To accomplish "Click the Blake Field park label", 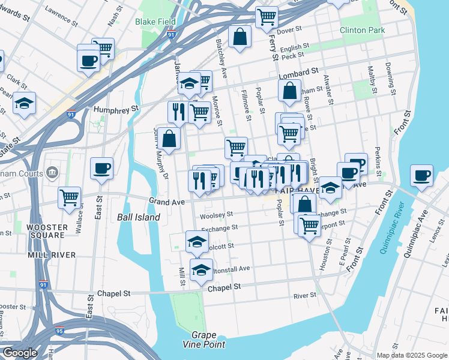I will (155, 22).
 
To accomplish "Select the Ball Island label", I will (139, 217).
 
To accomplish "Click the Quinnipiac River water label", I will (390, 228).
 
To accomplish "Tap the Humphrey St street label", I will (116, 109).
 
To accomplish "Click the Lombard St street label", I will (298, 73).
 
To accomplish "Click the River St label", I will (304, 296).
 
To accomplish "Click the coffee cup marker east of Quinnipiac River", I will (421, 175).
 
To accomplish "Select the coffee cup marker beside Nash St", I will (88, 60).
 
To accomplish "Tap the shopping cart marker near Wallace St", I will (70, 196).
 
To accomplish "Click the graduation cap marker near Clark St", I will (25, 103).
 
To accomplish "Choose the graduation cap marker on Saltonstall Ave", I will (201, 269).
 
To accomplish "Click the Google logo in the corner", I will (19, 353).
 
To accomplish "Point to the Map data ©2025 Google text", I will (411, 355).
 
